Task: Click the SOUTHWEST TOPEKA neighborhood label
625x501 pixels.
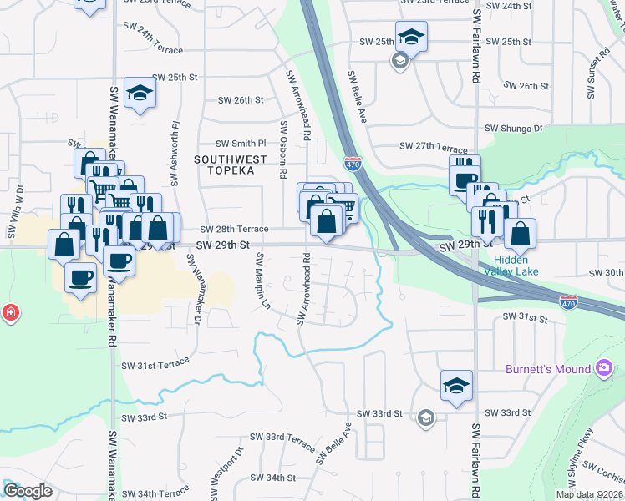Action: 231,164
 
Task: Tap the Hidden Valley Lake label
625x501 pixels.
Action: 510,266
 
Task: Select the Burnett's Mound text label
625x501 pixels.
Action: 546,369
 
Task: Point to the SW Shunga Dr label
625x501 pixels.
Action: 514,129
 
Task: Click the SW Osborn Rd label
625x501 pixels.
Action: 283,150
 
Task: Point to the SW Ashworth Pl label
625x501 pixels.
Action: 175,154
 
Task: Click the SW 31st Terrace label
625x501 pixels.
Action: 156,365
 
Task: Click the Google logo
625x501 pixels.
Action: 27,491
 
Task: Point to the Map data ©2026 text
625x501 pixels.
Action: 589,494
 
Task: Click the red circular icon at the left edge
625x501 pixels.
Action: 10,313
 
